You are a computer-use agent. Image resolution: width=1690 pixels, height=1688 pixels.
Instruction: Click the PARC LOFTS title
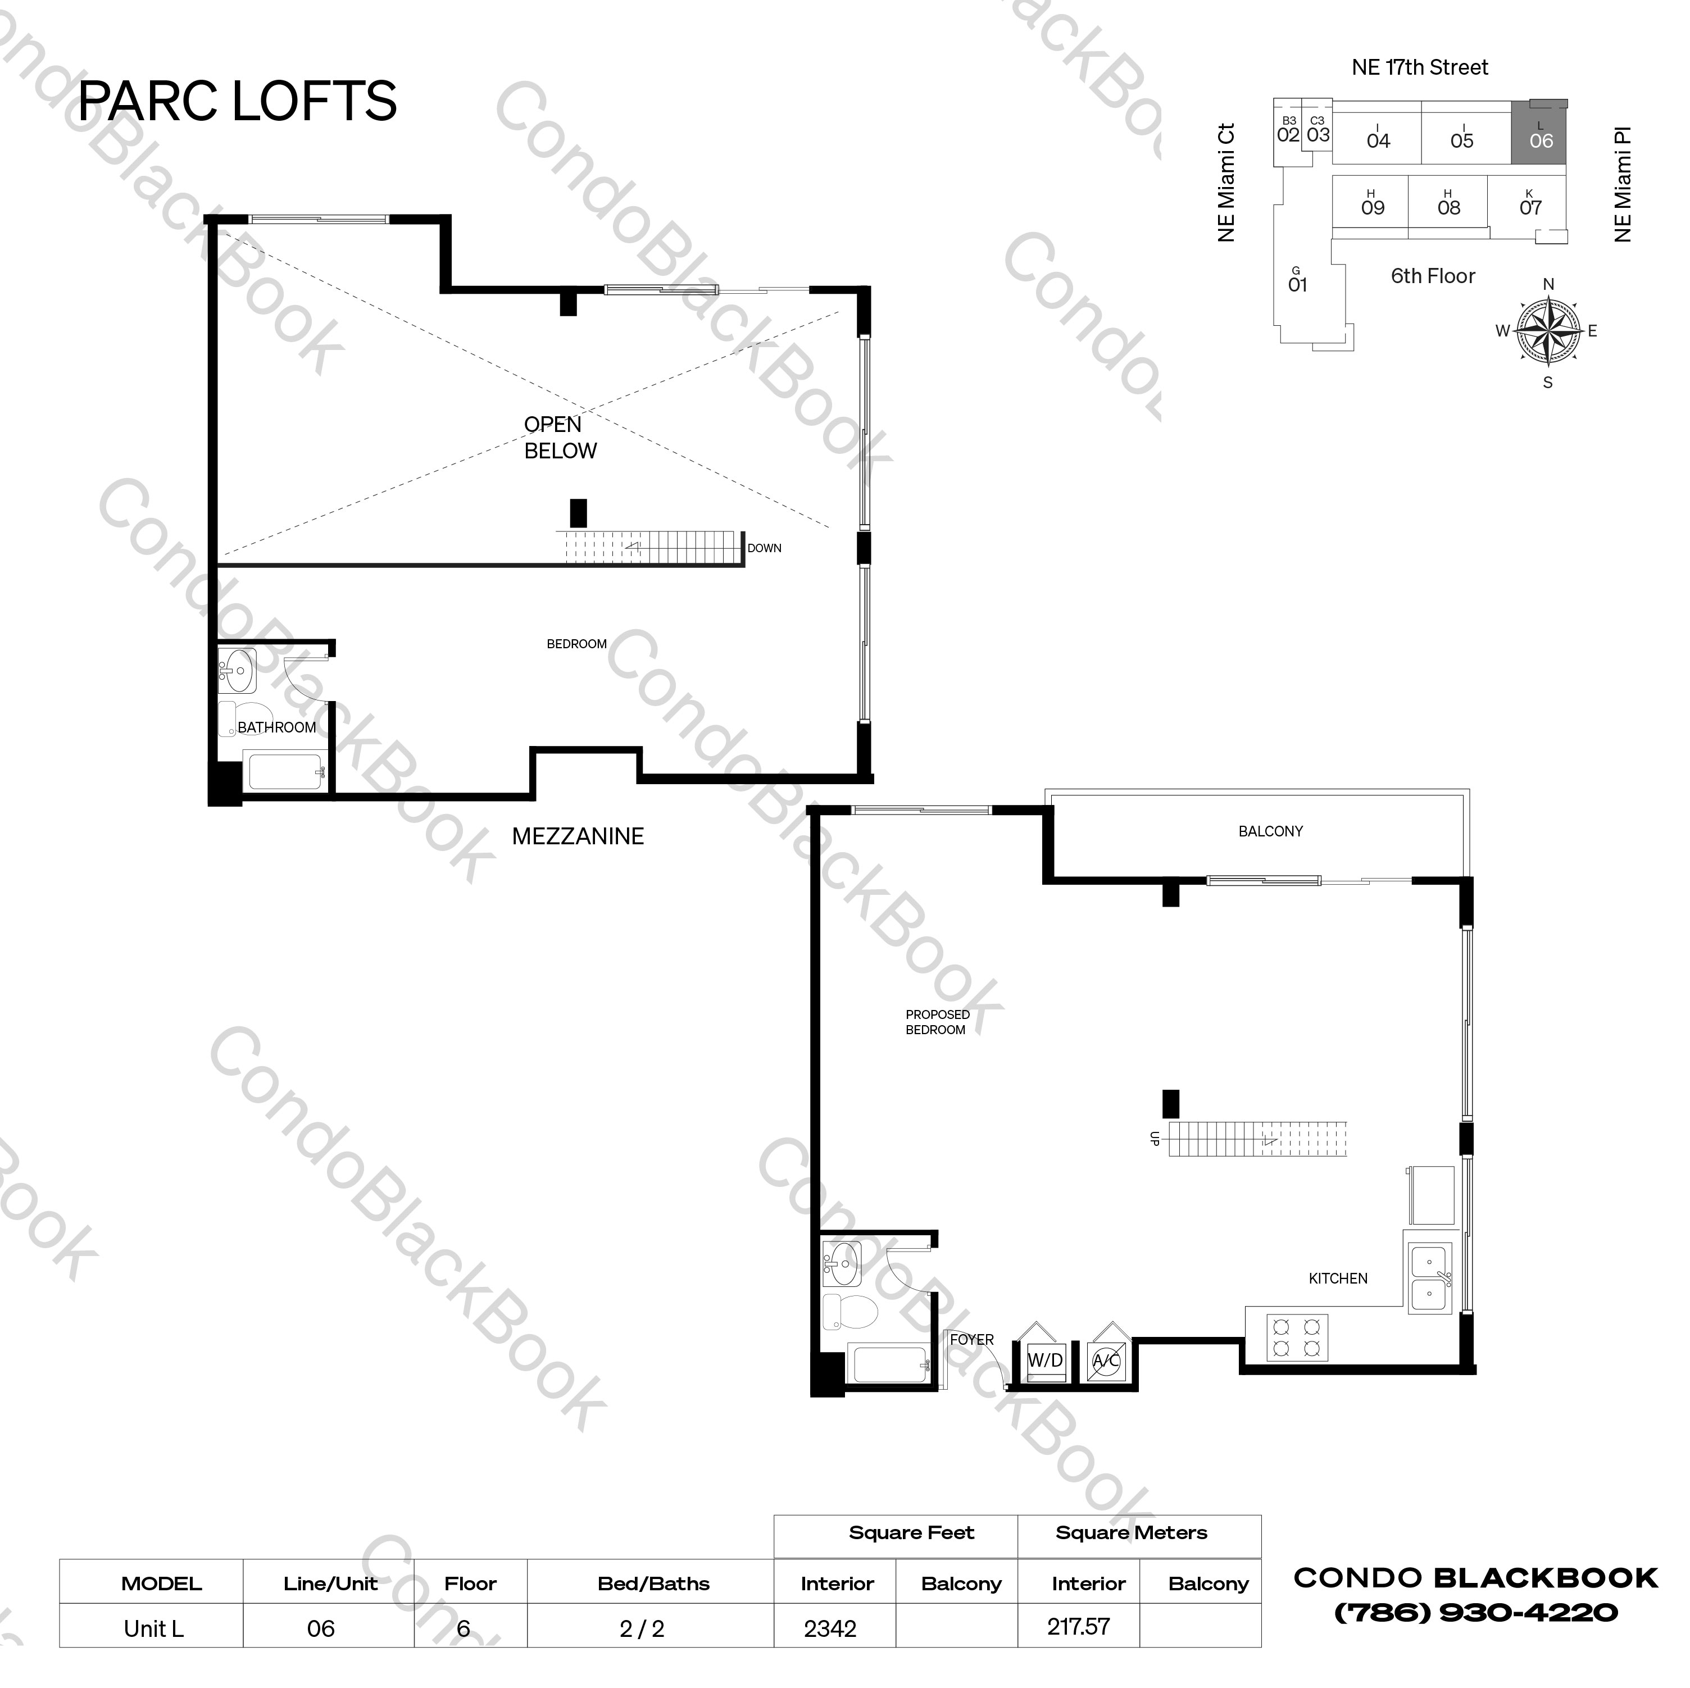pyautogui.click(x=237, y=102)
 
